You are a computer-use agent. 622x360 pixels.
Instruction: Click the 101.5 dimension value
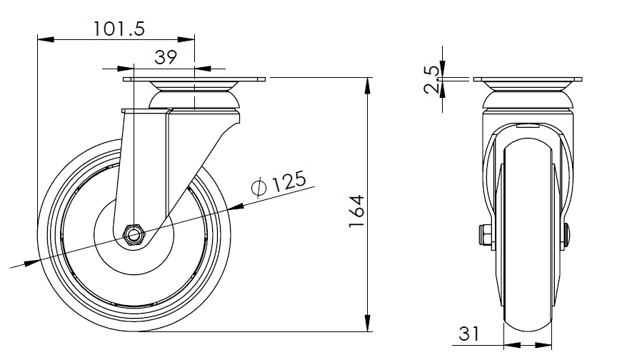pos(119,29)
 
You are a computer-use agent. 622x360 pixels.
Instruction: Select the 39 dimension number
pos(166,58)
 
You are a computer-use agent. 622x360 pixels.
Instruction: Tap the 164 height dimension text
pos(356,211)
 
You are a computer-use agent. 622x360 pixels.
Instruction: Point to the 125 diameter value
pos(289,181)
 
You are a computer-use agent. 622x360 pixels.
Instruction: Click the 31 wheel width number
pos(469,334)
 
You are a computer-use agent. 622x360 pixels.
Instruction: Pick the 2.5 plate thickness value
pos(431,80)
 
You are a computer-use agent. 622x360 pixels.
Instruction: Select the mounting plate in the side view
pos(194,79)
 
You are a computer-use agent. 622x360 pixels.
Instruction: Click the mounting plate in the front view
pos(528,79)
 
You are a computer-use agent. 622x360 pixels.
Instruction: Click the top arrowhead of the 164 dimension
pos(368,86)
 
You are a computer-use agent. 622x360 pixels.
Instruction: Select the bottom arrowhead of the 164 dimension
pos(368,323)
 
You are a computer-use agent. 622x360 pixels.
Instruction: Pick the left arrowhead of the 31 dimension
pos(512,345)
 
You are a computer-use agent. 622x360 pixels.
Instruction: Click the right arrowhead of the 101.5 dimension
pos(186,39)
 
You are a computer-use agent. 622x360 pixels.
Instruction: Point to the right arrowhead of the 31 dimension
pos(543,345)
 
